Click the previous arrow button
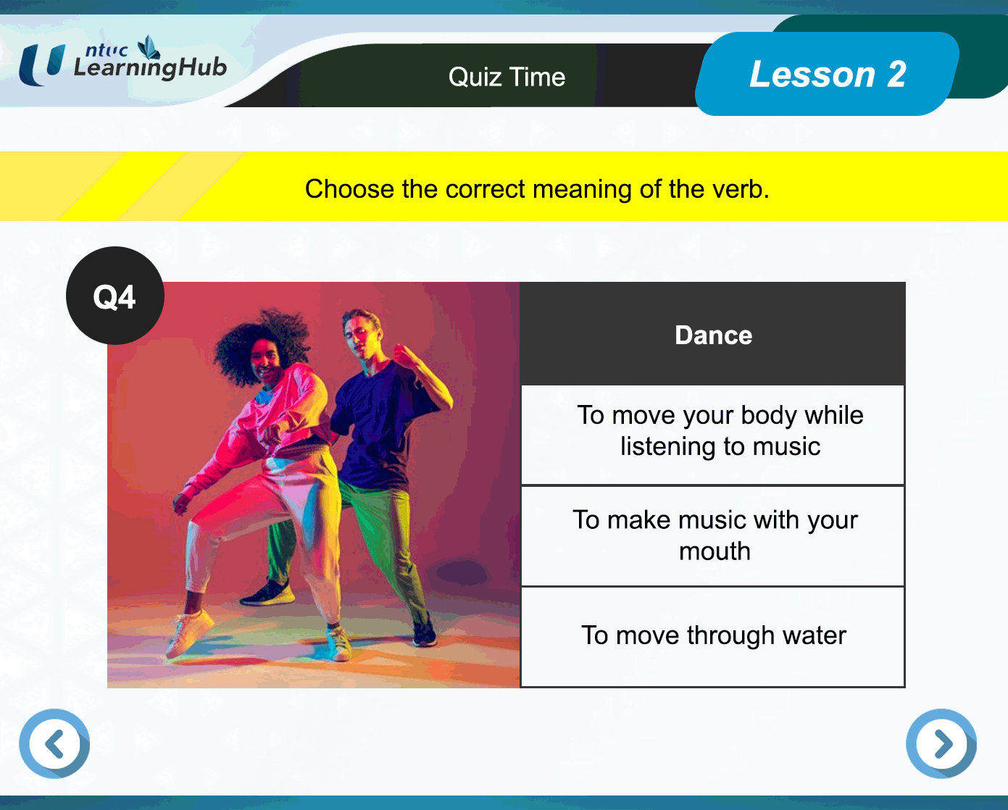click(x=54, y=743)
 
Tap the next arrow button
click(x=941, y=743)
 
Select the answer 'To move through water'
click(x=713, y=636)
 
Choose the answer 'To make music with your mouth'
click(x=713, y=535)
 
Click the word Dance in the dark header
click(x=713, y=335)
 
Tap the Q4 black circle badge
click(x=115, y=296)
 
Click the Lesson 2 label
click(x=828, y=74)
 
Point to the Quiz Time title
click(x=507, y=77)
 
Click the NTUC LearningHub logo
click(x=122, y=61)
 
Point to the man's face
click(x=359, y=335)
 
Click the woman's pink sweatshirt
click(x=262, y=422)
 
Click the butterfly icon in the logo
click(x=149, y=48)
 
